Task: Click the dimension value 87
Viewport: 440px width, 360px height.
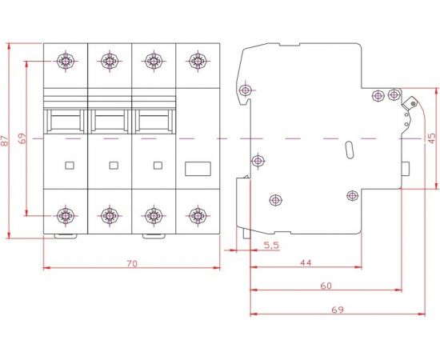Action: (6, 141)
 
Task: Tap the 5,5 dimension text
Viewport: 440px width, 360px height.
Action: (270, 245)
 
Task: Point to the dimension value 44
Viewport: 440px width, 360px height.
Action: (306, 262)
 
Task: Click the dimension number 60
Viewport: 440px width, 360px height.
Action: (326, 286)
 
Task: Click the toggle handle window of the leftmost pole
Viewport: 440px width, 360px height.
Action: (66, 121)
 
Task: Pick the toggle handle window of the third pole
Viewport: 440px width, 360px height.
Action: (154, 121)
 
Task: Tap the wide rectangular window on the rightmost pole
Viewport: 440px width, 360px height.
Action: (197, 168)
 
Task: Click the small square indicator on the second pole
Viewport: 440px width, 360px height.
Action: (112, 166)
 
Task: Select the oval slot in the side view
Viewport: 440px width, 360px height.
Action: (348, 152)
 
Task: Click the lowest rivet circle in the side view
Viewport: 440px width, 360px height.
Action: (276, 200)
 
